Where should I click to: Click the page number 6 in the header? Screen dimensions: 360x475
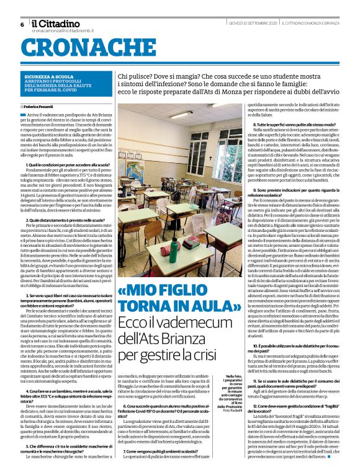tap(22, 24)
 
